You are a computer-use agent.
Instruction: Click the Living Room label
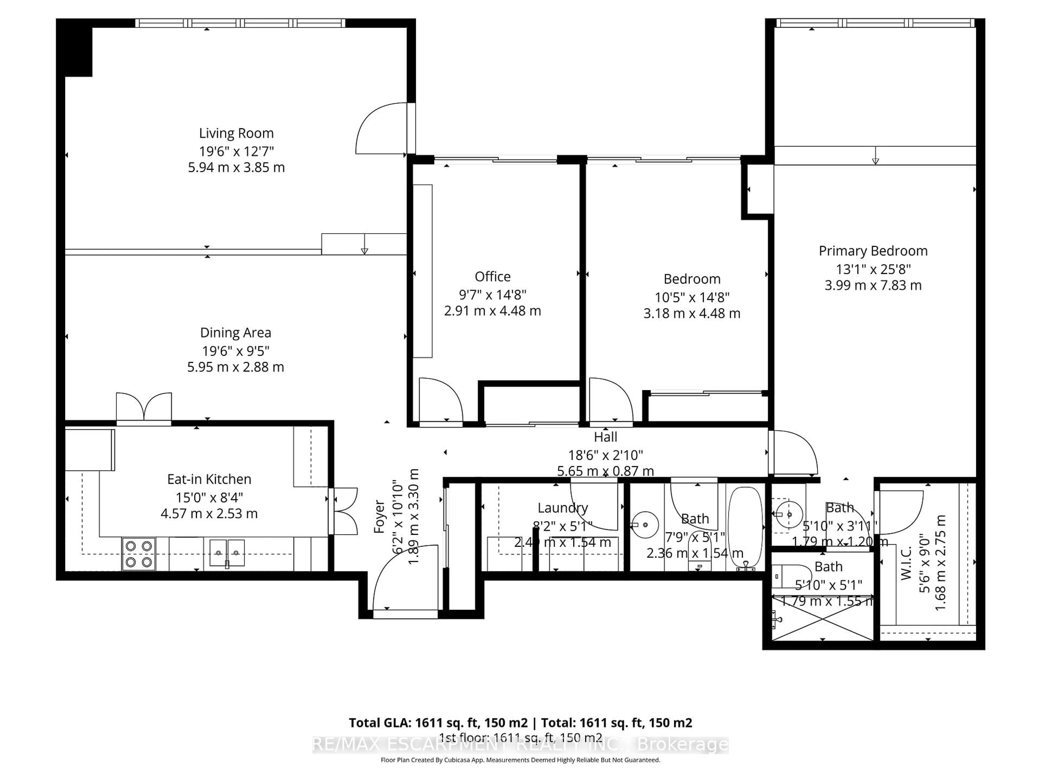236,133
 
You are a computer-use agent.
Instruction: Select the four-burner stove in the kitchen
139,554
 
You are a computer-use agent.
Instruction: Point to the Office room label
492,276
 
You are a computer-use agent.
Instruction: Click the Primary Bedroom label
873,251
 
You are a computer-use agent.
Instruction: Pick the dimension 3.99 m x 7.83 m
873,285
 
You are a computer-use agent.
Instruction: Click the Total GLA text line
520,723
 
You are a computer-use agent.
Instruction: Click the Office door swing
440,400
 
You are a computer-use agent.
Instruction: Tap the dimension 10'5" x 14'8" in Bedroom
692,297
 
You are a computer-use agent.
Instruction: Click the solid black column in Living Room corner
78,49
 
